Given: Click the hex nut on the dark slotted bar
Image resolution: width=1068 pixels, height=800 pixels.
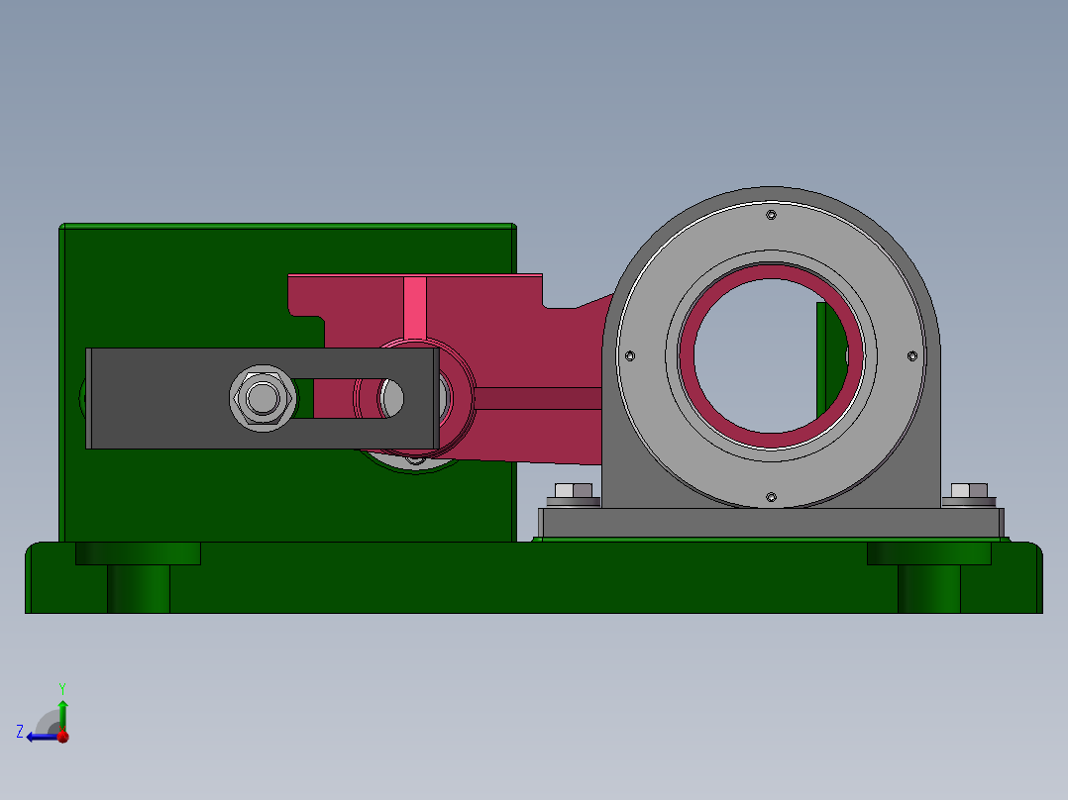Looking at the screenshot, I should click(263, 398).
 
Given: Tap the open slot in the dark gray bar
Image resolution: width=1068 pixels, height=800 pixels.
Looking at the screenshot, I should click(337, 398).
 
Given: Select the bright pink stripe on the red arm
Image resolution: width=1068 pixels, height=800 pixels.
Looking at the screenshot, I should click(415, 307).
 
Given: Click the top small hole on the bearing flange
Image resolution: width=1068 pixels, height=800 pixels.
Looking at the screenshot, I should click(771, 215).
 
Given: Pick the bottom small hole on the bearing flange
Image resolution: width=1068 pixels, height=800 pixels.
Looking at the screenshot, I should click(771, 497).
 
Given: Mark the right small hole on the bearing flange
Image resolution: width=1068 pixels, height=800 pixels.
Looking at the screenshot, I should click(912, 355).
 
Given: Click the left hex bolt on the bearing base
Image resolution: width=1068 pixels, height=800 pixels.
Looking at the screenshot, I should click(573, 491).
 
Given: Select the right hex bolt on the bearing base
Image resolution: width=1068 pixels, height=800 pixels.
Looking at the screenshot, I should click(969, 491).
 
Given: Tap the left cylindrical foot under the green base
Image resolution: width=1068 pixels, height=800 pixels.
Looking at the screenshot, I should click(138, 588).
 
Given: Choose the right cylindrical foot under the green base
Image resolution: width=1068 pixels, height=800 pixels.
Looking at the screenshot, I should click(928, 588).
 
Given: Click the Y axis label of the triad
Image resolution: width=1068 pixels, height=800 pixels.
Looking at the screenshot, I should click(61, 687).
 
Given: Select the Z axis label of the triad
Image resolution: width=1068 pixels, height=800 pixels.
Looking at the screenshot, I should click(20, 732).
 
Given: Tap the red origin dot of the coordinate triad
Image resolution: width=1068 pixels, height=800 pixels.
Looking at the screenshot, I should click(62, 736).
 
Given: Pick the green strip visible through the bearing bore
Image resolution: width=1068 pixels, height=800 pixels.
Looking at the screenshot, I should click(821, 356).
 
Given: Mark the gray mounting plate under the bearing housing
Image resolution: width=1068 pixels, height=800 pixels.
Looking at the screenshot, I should click(771, 523).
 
